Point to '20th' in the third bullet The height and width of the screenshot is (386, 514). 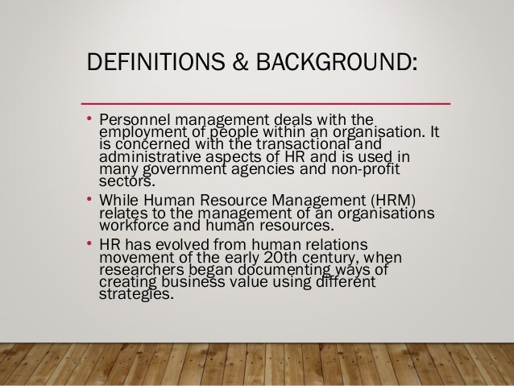click(x=305, y=258)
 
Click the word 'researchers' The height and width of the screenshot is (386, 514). click(x=139, y=269)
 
